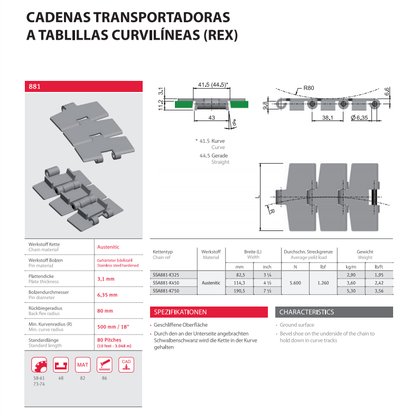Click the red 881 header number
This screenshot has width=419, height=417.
coord(34,86)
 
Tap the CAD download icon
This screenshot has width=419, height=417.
coord(126,365)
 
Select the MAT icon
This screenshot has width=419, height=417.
coord(82,365)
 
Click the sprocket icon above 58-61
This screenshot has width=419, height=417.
coord(39,365)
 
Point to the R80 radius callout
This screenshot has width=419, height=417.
coord(309,88)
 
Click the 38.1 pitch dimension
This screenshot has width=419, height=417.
coord(328,118)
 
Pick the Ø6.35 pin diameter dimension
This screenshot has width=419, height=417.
coord(359,118)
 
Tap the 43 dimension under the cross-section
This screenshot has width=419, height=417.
coord(211,118)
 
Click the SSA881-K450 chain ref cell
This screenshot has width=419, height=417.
coord(166,283)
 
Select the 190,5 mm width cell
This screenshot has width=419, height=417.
coord(239,291)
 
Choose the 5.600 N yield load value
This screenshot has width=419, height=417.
coord(295,283)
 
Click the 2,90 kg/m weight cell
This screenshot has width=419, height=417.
coord(351,275)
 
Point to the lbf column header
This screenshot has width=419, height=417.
coord(323,267)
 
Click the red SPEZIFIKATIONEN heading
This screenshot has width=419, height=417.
coord(180,312)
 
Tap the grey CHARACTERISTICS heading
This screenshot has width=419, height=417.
coord(306,312)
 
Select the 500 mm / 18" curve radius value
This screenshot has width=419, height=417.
coord(113,327)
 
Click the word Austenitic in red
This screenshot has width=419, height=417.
coord(108,247)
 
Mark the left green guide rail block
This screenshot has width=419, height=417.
coord(184,104)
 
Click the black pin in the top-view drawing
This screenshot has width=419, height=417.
coord(375,197)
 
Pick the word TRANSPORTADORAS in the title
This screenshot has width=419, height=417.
coord(162,17)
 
